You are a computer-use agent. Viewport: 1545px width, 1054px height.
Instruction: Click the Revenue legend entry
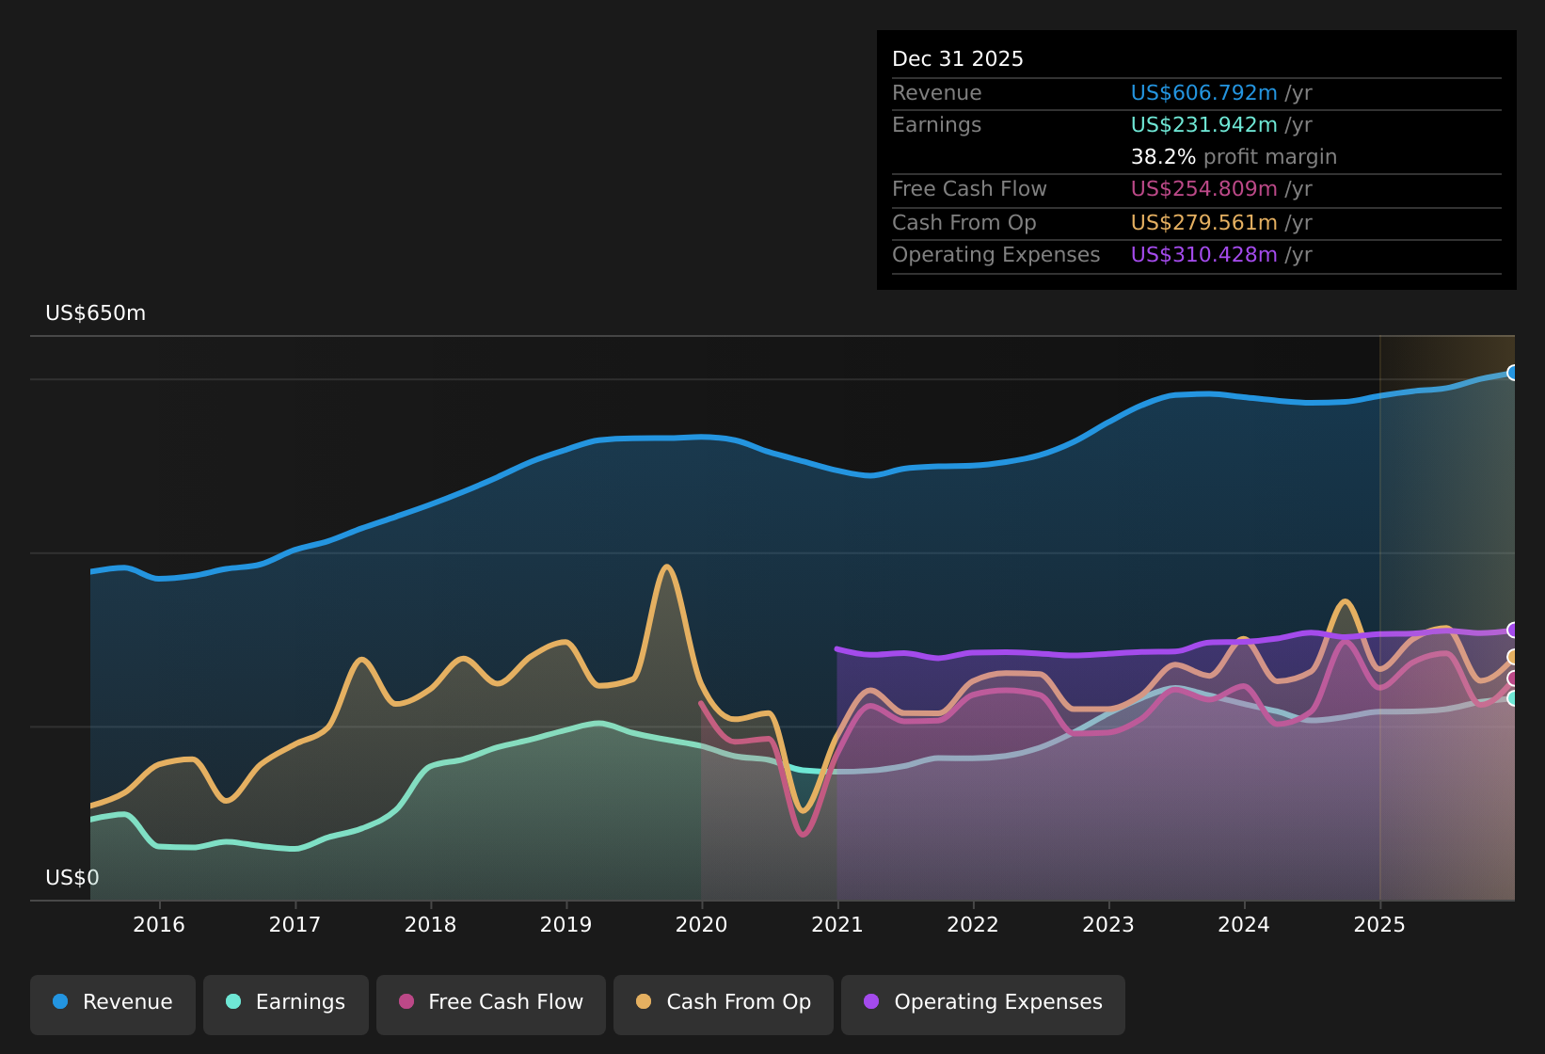113,1002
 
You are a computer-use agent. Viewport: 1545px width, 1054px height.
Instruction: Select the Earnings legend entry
286,1002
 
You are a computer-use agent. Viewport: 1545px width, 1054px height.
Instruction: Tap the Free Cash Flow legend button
491,1002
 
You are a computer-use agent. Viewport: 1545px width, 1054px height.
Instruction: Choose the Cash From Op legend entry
724,1002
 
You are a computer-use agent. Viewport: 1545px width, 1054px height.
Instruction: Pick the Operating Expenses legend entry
983,1002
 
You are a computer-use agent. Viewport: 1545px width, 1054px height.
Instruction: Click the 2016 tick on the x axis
159,924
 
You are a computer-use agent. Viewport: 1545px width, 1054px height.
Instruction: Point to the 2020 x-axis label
701,924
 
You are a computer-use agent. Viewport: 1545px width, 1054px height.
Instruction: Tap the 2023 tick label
1107,924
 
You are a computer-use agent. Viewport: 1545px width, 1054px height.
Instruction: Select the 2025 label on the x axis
1378,924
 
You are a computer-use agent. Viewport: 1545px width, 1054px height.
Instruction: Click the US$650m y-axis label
95,313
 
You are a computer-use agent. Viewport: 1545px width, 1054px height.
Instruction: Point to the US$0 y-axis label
72,878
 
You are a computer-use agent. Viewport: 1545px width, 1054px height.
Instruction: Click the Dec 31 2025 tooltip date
957,59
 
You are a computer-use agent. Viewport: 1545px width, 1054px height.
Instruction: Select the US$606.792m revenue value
1203,93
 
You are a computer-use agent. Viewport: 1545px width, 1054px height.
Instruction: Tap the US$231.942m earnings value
1203,125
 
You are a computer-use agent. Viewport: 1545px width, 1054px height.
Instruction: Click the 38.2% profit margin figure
1163,157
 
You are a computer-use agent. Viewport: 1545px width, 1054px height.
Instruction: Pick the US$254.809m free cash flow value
1203,189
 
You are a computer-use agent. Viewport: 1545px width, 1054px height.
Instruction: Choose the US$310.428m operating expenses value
1203,255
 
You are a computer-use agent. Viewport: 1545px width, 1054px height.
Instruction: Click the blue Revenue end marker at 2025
1513,373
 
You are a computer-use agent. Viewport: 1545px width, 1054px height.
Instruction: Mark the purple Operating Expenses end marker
1513,630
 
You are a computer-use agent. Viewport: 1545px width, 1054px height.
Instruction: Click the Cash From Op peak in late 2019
667,567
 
